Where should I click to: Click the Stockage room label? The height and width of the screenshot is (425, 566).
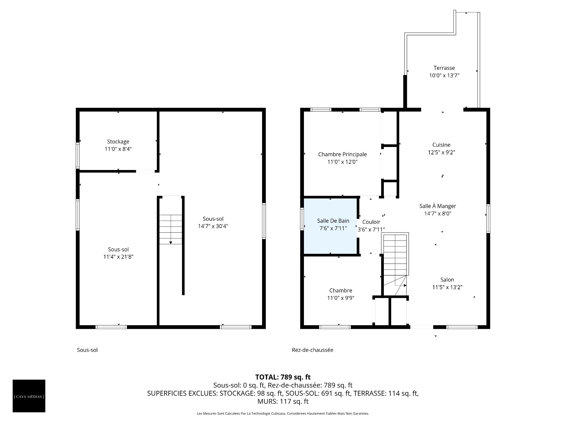118,142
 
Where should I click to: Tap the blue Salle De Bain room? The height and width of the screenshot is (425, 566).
330,226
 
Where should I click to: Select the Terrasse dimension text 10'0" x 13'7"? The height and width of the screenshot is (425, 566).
444,75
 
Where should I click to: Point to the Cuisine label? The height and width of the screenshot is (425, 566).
441,145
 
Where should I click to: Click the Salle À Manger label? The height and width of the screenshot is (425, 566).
437,206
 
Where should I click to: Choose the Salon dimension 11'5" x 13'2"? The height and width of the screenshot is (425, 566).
447,287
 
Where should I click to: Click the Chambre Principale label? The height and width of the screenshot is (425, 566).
343,154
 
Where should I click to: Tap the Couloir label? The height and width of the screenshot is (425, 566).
371,222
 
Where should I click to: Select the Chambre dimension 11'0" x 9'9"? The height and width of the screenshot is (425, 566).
341,298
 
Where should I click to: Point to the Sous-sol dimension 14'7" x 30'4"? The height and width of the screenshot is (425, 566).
213,226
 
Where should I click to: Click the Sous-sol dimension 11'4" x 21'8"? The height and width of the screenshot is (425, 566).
118,257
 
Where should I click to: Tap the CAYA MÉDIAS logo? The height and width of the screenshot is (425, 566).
29,396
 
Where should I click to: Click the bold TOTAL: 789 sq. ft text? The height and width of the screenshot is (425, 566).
283,377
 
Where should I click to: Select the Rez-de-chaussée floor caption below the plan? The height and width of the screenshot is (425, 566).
312,350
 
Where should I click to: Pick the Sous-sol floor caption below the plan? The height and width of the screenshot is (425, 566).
87,350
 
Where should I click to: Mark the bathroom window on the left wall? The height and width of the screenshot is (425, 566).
302,219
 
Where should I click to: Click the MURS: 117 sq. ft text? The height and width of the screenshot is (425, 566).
283,401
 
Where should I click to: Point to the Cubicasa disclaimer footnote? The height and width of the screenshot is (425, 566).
283,413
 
